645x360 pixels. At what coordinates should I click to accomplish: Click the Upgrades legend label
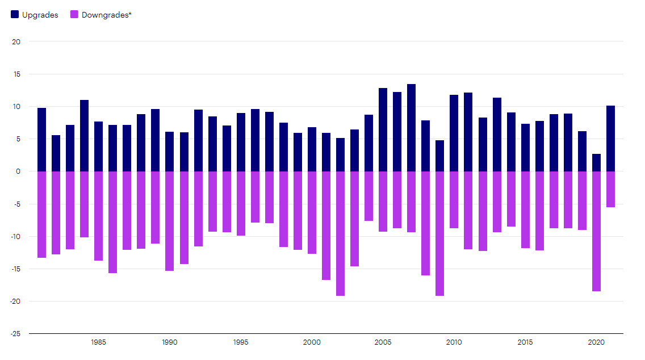(40, 15)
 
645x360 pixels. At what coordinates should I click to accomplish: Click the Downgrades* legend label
(106, 15)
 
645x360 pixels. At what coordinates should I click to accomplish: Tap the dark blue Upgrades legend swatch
(15, 15)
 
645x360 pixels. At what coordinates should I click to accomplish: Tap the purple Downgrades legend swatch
(74, 15)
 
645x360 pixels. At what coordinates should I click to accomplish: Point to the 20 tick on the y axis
(16, 41)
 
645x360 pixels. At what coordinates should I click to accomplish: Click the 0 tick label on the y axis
(18, 171)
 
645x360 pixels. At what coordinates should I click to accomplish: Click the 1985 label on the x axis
(98, 342)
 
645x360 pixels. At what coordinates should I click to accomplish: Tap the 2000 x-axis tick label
(312, 342)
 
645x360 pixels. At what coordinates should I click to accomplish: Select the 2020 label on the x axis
(596, 342)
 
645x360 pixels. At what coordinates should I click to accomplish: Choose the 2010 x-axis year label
(454, 342)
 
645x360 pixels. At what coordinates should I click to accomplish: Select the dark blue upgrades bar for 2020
(596, 163)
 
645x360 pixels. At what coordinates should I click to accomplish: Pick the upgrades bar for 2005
(383, 130)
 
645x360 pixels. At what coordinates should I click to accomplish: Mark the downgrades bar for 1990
(169, 221)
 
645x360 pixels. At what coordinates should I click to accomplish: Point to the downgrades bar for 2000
(312, 212)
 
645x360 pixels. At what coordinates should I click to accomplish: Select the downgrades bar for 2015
(525, 210)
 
